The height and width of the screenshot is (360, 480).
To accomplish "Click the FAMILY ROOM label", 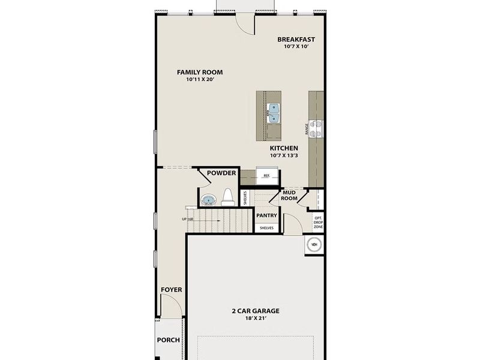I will pos(196,72).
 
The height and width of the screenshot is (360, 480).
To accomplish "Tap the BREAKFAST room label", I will pos(296,40).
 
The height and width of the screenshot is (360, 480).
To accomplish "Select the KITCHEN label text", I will pos(284,148).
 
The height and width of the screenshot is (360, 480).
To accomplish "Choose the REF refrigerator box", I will pos(266,176).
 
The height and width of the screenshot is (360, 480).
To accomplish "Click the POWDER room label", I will pos(221,173).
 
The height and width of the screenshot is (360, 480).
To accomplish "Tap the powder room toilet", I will pos(227,197).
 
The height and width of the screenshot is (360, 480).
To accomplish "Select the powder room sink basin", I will pos(208,200).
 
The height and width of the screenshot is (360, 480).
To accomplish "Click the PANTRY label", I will pos(266,215).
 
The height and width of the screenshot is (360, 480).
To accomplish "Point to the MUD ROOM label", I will pos(290,195).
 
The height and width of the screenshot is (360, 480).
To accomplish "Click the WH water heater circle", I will pos(314,244).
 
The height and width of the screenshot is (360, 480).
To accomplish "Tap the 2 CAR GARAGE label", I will pos(256,311).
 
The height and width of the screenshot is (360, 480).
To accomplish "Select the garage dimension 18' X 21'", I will pos(256,319).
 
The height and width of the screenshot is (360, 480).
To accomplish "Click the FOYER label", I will pos(171,290).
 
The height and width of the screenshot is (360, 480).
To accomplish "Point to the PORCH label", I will pos(169,340).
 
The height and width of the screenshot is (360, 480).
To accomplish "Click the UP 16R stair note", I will pos(187,220).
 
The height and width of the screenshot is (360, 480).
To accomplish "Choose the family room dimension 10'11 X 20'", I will pos(196,80).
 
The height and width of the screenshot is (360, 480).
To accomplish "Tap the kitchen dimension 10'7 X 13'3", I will pos(284,155).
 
